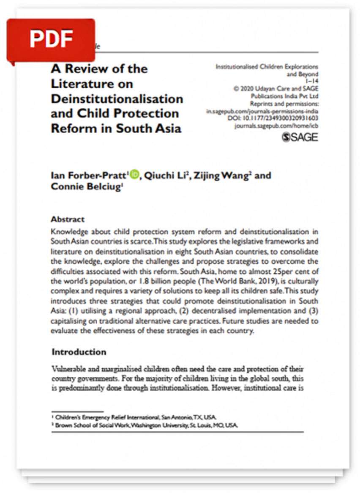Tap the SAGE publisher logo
click(300, 137)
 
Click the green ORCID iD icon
click(134, 174)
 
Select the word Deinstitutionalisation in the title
click(117, 99)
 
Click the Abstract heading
click(68, 219)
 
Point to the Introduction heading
click(79, 352)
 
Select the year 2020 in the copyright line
click(249, 88)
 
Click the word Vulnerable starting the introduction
click(68, 369)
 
